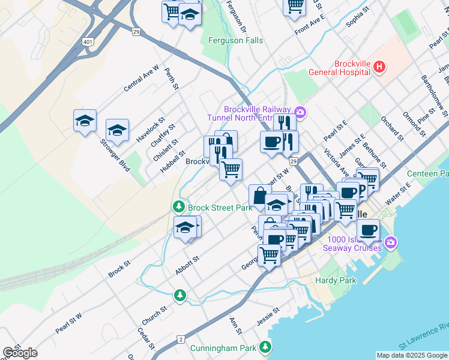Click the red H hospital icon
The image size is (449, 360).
[379, 67]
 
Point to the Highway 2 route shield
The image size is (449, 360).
[180, 340]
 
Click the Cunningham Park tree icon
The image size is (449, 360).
[265, 347]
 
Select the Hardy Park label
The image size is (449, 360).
[336, 280]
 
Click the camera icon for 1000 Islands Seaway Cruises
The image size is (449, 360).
[391, 242]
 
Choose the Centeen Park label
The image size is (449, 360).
[427, 173]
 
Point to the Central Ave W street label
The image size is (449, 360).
[141, 79]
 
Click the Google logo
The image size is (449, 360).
[20, 353]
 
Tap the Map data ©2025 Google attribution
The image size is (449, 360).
[412, 355]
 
